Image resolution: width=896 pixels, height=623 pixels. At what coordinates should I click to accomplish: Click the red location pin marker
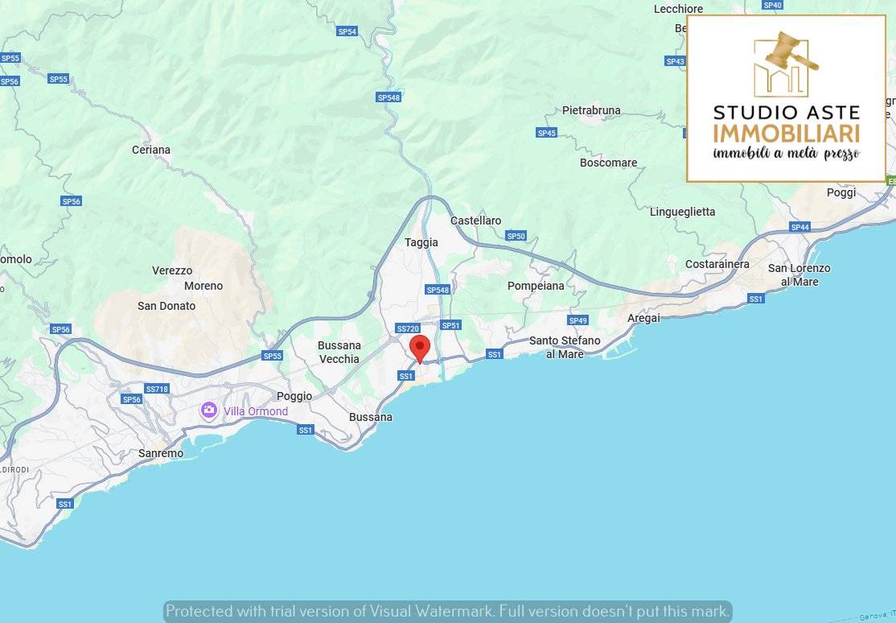click(420, 349)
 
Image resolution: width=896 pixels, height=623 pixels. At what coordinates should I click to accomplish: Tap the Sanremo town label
click(161, 453)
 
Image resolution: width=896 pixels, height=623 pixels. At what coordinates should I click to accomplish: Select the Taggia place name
click(421, 242)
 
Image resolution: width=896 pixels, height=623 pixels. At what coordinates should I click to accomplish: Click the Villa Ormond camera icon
click(209, 411)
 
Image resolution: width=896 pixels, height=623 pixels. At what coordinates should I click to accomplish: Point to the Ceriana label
click(151, 150)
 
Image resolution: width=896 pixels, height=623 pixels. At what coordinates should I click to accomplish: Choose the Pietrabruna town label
click(591, 110)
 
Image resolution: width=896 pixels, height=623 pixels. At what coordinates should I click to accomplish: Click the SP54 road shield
click(347, 31)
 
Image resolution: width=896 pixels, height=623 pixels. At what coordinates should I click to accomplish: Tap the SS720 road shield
click(408, 328)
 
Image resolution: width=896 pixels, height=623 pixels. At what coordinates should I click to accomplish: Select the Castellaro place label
click(475, 221)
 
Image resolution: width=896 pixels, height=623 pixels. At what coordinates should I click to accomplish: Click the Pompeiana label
click(536, 286)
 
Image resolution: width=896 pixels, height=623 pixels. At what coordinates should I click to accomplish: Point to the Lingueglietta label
click(682, 212)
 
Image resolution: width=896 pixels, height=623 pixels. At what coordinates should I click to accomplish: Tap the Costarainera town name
click(717, 264)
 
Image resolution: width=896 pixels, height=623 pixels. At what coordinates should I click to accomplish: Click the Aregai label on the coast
click(643, 318)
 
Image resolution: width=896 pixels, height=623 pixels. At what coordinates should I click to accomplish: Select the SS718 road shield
click(157, 389)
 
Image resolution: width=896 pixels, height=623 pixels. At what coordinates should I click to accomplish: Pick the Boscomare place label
click(608, 163)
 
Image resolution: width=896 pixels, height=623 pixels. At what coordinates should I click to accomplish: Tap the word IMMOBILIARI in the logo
click(786, 134)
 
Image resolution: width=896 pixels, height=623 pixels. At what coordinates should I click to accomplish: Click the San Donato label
click(166, 306)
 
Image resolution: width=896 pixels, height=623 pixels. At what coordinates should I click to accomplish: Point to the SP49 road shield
click(577, 320)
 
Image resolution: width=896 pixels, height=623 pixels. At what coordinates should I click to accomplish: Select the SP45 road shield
click(546, 133)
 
